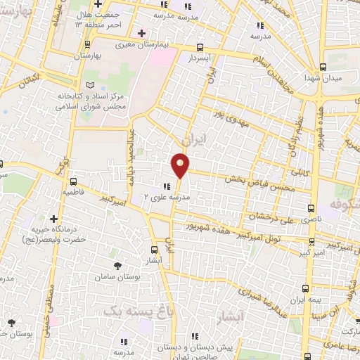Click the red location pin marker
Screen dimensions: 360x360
181,165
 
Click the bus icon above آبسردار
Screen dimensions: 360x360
201,48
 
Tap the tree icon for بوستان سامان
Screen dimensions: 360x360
117,265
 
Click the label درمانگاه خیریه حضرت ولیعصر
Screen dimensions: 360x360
60,234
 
